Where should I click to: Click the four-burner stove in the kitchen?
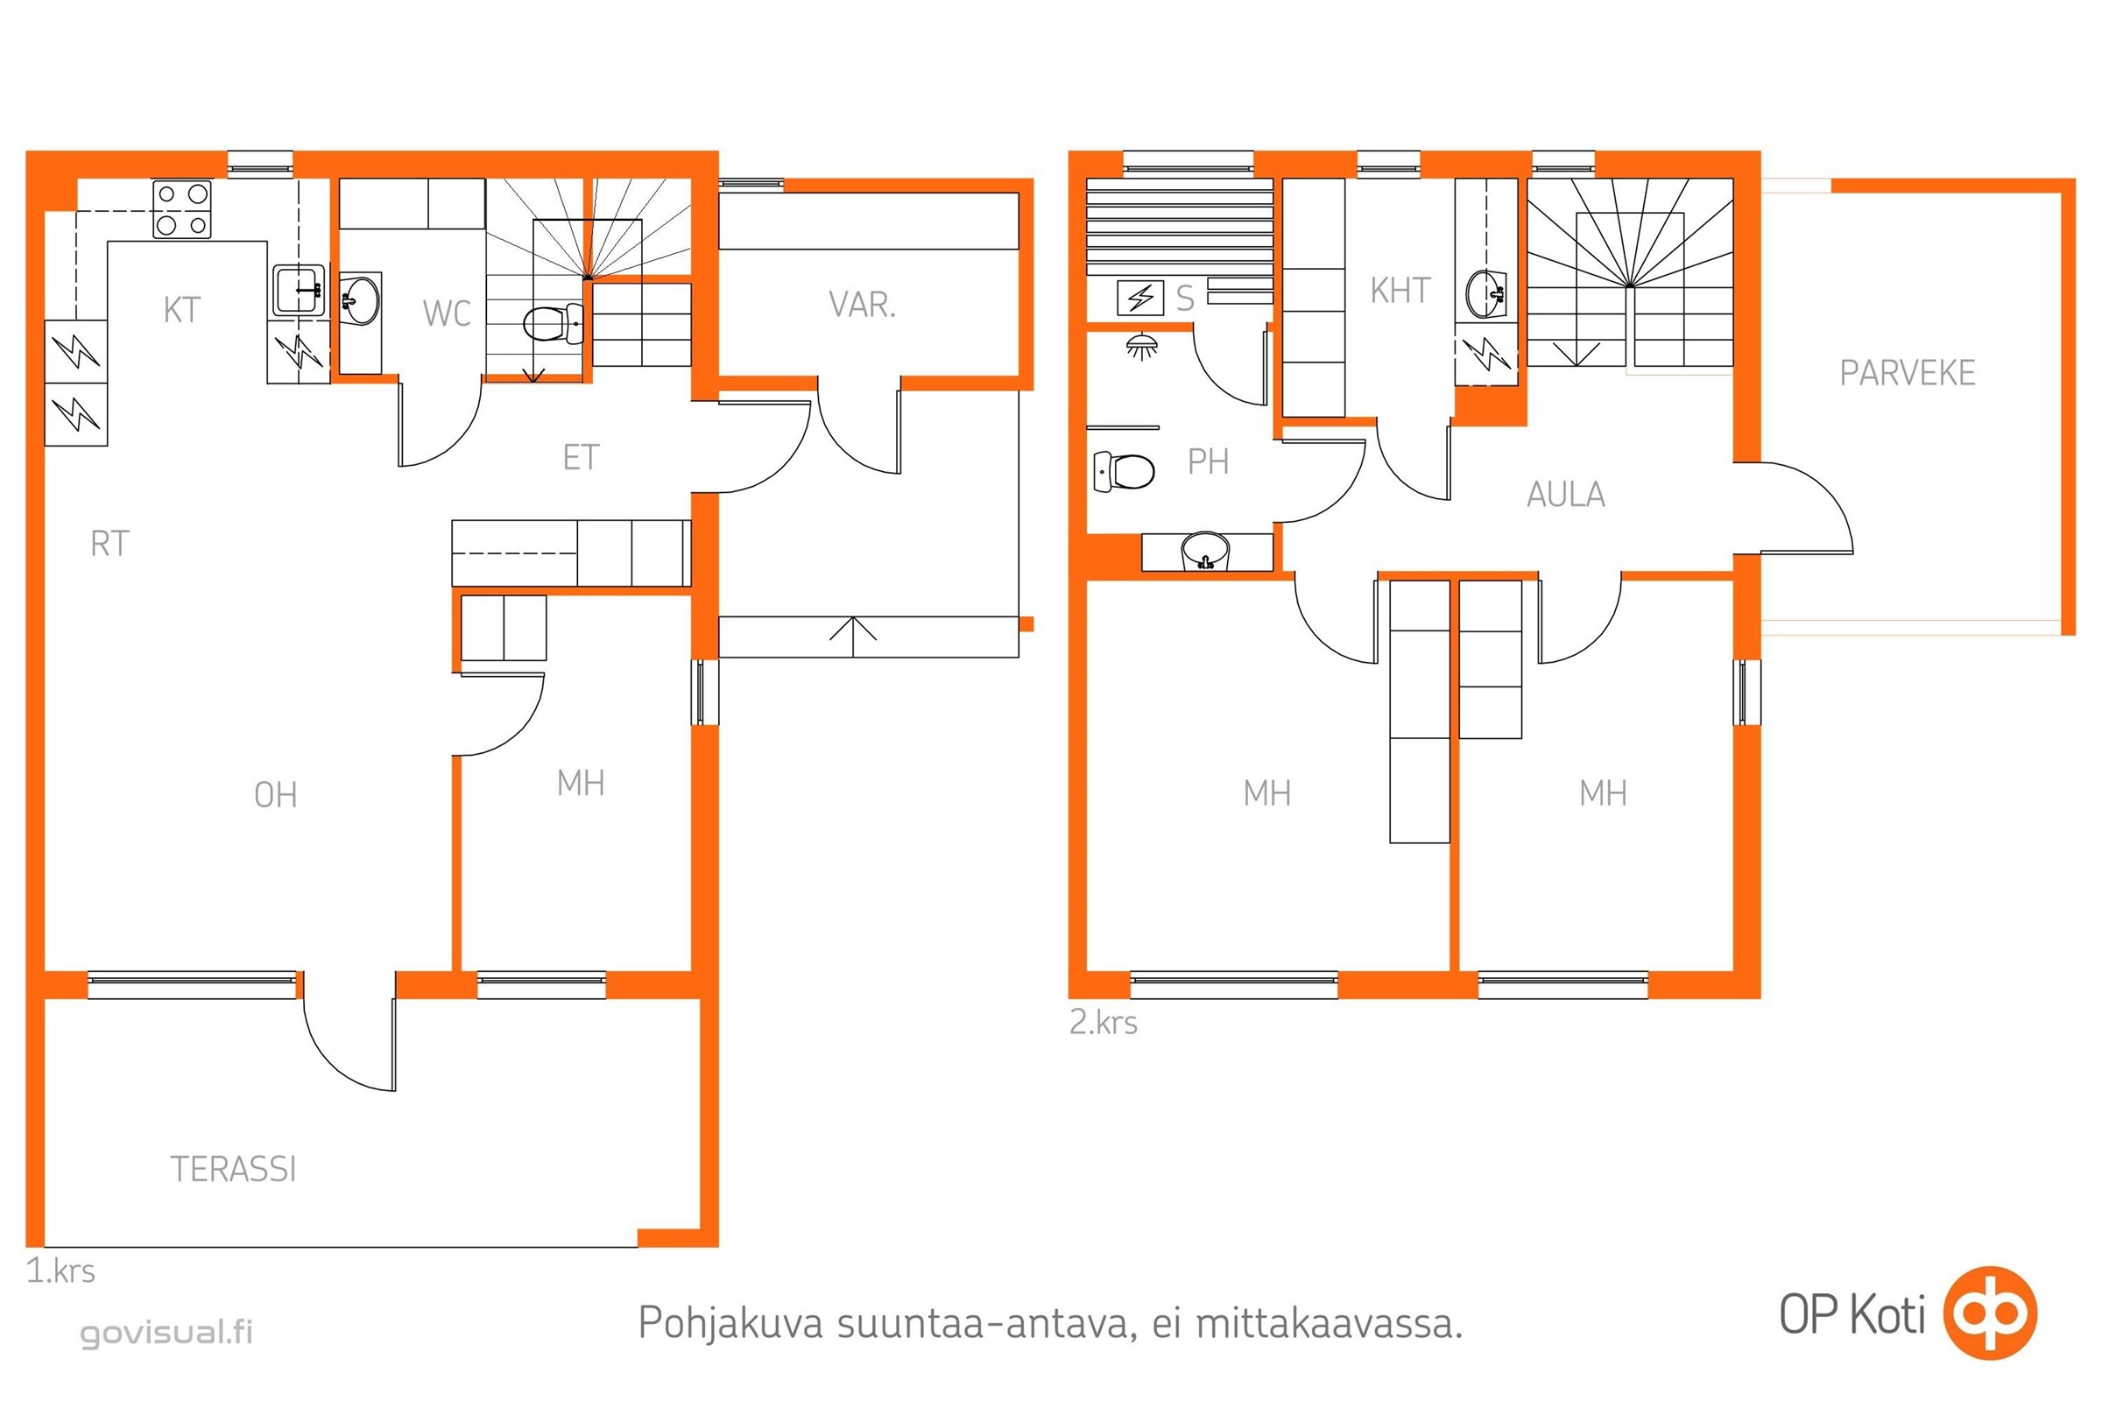[x=182, y=209]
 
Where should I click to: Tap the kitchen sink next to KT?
[x=300, y=290]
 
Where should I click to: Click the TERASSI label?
[x=233, y=1170]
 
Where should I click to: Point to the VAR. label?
[x=863, y=306]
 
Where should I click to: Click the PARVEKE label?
[x=1908, y=373]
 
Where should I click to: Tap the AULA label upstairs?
[x=1566, y=494]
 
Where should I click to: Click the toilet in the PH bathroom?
[x=1125, y=471]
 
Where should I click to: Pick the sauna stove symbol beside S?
[x=1140, y=298]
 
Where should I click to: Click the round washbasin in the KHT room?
[x=1486, y=294]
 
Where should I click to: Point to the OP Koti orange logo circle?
[x=1991, y=1313]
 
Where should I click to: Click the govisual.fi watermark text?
[x=167, y=1332]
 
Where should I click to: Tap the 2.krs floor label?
[x=1104, y=1022]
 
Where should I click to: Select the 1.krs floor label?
[x=60, y=1271]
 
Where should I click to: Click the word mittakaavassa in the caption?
[x=1330, y=1323]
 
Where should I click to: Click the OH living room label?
[x=275, y=795]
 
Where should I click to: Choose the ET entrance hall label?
[x=581, y=458]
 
